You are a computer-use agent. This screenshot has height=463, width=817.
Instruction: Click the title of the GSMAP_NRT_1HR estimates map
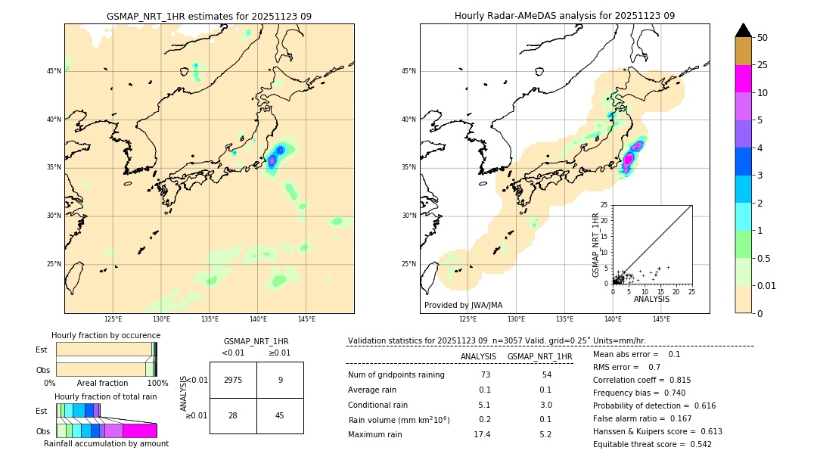[209, 16]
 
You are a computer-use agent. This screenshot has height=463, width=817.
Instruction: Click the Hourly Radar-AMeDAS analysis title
[564, 16]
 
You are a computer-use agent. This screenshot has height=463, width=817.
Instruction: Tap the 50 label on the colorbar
[762, 38]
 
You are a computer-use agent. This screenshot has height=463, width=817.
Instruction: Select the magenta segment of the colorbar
[744, 79]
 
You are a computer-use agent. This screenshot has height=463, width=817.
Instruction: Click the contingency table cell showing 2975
[233, 380]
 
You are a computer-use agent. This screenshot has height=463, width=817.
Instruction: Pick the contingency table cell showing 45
[280, 415]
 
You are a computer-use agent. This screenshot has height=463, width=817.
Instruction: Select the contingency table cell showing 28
[233, 415]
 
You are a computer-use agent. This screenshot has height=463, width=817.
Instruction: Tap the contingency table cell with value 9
[280, 380]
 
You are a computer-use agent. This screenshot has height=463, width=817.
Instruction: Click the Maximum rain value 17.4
[482, 434]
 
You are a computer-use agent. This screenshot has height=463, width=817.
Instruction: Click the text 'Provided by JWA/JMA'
[463, 305]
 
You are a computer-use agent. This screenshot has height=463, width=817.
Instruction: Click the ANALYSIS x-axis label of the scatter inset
[651, 299]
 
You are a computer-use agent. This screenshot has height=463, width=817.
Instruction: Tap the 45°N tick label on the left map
[54, 71]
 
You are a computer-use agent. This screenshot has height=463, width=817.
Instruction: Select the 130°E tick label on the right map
[517, 320]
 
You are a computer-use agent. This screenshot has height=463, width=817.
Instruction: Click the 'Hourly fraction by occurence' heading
[106, 335]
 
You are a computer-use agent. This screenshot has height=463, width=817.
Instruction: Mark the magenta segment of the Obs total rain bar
[139, 430]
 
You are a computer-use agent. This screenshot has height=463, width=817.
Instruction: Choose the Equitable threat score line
[652, 444]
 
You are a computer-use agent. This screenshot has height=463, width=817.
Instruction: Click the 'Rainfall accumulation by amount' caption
[106, 444]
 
